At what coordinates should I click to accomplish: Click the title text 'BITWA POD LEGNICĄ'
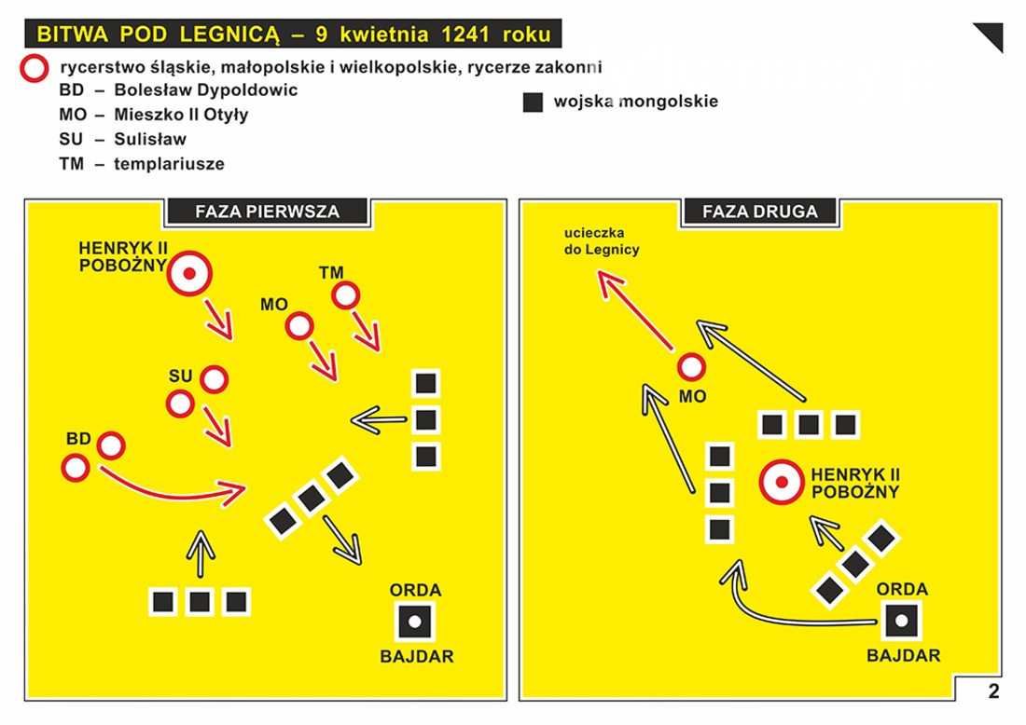pos(158,34)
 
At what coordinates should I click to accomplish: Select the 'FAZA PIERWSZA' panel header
pos(267,212)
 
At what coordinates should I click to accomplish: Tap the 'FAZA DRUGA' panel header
pos(759,212)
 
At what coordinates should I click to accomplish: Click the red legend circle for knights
pos(34,68)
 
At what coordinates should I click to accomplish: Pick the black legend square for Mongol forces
pos(533,102)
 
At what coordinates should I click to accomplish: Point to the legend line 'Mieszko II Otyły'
pos(154,115)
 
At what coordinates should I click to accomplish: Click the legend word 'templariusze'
pos(169,163)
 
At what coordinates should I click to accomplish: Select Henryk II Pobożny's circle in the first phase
pos(189,273)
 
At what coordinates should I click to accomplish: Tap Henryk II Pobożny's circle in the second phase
pos(782,483)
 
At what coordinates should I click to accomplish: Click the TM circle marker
pos(345,295)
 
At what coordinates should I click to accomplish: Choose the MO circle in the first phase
pos(299,325)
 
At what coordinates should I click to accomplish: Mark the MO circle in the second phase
pos(691,367)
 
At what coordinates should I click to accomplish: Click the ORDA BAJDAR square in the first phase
pos(415,622)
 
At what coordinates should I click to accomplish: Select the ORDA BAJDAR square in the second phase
pos(902,621)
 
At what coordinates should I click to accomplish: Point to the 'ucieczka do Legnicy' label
pos(602,240)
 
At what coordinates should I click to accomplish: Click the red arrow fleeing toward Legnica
pos(635,311)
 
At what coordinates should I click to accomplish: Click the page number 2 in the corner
pos(994,691)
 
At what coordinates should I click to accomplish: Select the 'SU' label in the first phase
pos(180,376)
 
